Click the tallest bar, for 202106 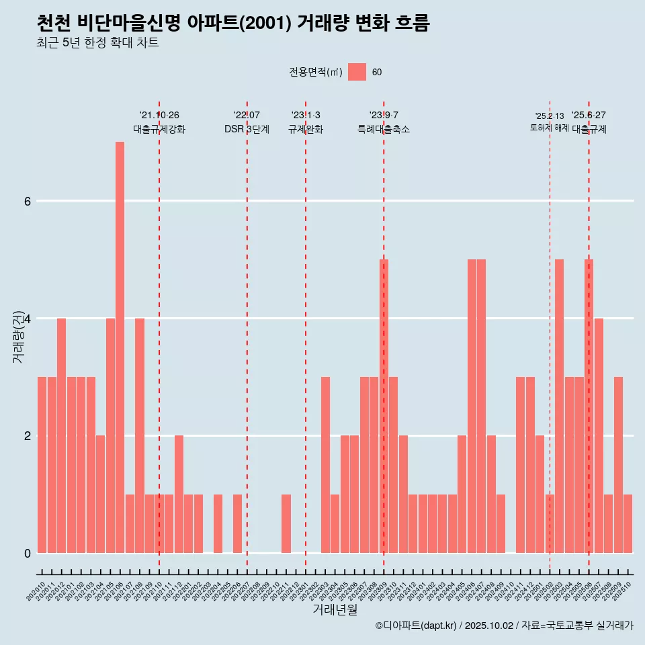click(120, 347)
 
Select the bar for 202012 click(61, 435)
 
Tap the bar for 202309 click(384, 406)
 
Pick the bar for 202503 click(559, 406)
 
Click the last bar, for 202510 click(628, 523)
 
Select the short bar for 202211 click(286, 523)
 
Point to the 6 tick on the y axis click(27, 201)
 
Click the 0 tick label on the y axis click(27, 553)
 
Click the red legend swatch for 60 click(357, 72)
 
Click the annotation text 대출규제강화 click(159, 129)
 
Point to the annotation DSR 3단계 click(247, 129)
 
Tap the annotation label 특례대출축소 click(384, 129)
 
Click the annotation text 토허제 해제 click(550, 128)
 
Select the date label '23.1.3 click(306, 115)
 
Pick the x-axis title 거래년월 click(335, 610)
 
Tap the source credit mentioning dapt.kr click(504, 626)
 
